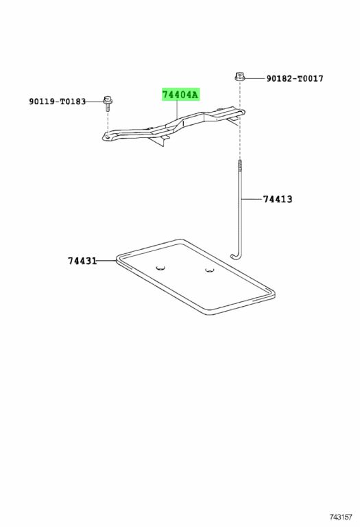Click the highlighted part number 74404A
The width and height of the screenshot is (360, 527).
click(180, 95)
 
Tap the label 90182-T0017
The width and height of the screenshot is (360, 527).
click(295, 79)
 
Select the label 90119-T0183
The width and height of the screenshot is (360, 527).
click(58, 102)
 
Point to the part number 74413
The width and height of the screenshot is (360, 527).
click(278, 199)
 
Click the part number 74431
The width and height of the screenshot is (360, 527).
click(82, 261)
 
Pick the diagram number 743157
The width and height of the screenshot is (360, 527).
click(341, 517)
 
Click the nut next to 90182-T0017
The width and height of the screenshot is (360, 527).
click(239, 77)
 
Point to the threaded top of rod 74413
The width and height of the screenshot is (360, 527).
click(241, 165)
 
